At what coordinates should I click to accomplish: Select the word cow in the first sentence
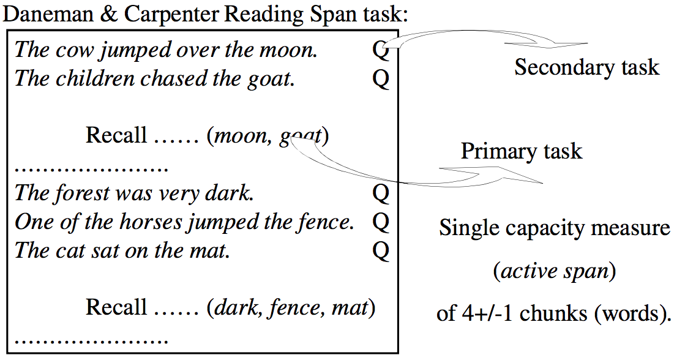70,50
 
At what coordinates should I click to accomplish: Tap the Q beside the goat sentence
381,79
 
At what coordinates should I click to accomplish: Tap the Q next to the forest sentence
381,193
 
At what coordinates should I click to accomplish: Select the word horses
150,222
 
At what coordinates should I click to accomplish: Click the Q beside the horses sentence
381,222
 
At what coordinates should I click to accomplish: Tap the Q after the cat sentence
381,250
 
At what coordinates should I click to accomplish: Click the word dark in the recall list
230,307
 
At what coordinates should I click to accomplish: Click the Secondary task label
586,67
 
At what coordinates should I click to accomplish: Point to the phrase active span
555,271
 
